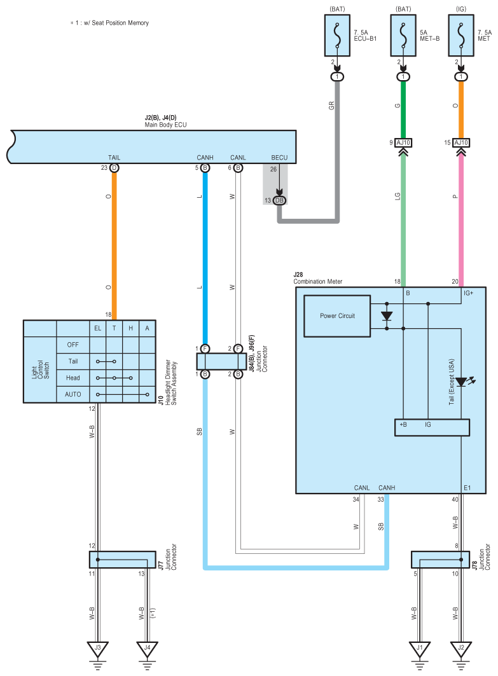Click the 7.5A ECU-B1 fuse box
click(x=337, y=36)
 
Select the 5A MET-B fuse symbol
click(x=403, y=36)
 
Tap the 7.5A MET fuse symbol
click(x=461, y=36)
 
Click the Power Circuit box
click(x=337, y=316)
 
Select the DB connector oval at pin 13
click(x=279, y=200)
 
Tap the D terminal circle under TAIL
click(x=114, y=168)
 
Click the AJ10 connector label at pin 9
click(x=403, y=142)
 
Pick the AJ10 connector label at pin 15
click(x=461, y=142)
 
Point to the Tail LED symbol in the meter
click(x=462, y=382)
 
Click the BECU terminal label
click(x=279, y=158)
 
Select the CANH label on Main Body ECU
click(x=205, y=158)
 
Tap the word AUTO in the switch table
click(x=73, y=394)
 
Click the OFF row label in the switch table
click(x=73, y=345)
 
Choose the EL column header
click(x=98, y=329)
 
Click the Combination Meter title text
click(x=318, y=282)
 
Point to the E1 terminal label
click(x=467, y=488)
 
